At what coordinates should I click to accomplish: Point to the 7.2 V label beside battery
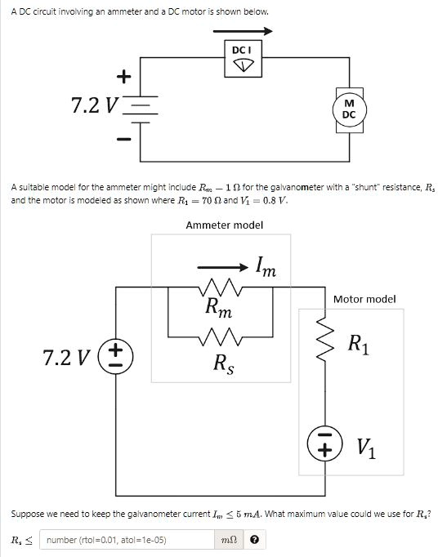click(x=95, y=106)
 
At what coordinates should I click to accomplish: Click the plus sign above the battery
click(x=123, y=77)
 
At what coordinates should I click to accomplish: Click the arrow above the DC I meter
click(x=243, y=32)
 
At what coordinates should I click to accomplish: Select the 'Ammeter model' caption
click(x=224, y=225)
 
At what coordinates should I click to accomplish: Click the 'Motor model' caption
click(x=364, y=299)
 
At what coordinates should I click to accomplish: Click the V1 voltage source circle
click(x=324, y=446)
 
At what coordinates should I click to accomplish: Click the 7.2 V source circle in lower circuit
click(x=115, y=357)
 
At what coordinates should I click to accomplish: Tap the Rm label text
click(x=218, y=309)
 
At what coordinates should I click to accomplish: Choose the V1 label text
click(x=367, y=448)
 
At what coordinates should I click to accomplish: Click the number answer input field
click(x=128, y=540)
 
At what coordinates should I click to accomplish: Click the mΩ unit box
click(x=230, y=540)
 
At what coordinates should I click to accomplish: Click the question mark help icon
click(x=256, y=540)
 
